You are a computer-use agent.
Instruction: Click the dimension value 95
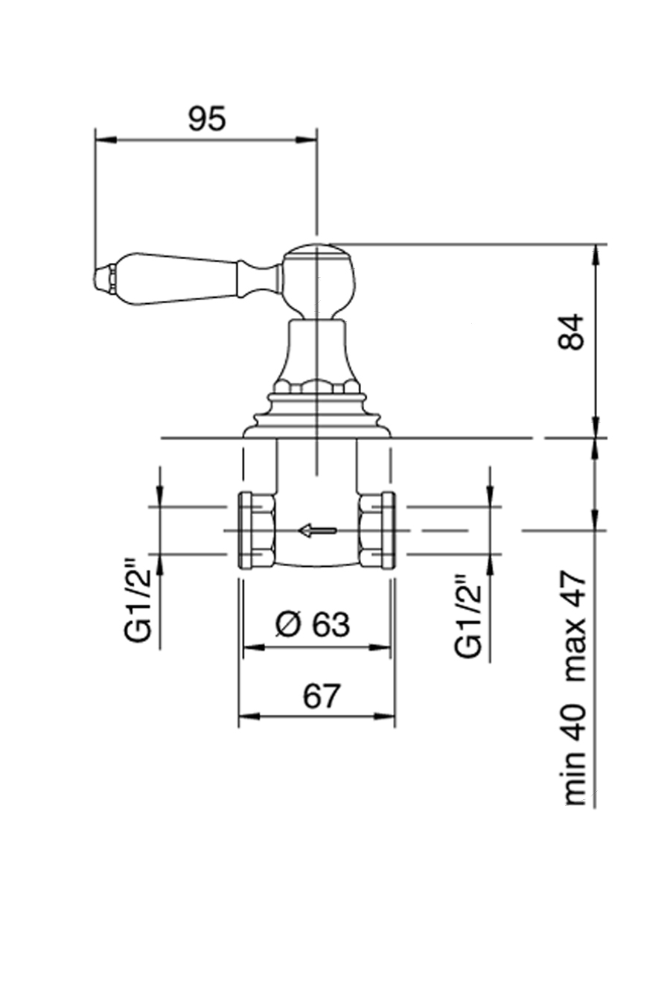pos(206,119)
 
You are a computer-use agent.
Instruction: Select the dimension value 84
pos(572,333)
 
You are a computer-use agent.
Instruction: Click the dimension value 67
pos(321,696)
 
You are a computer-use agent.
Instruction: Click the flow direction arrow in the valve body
pos(317,530)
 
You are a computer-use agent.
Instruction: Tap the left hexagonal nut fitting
pos(255,530)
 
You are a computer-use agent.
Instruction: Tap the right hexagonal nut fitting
pos(374,530)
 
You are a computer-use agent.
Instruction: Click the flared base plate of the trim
pos(317,425)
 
